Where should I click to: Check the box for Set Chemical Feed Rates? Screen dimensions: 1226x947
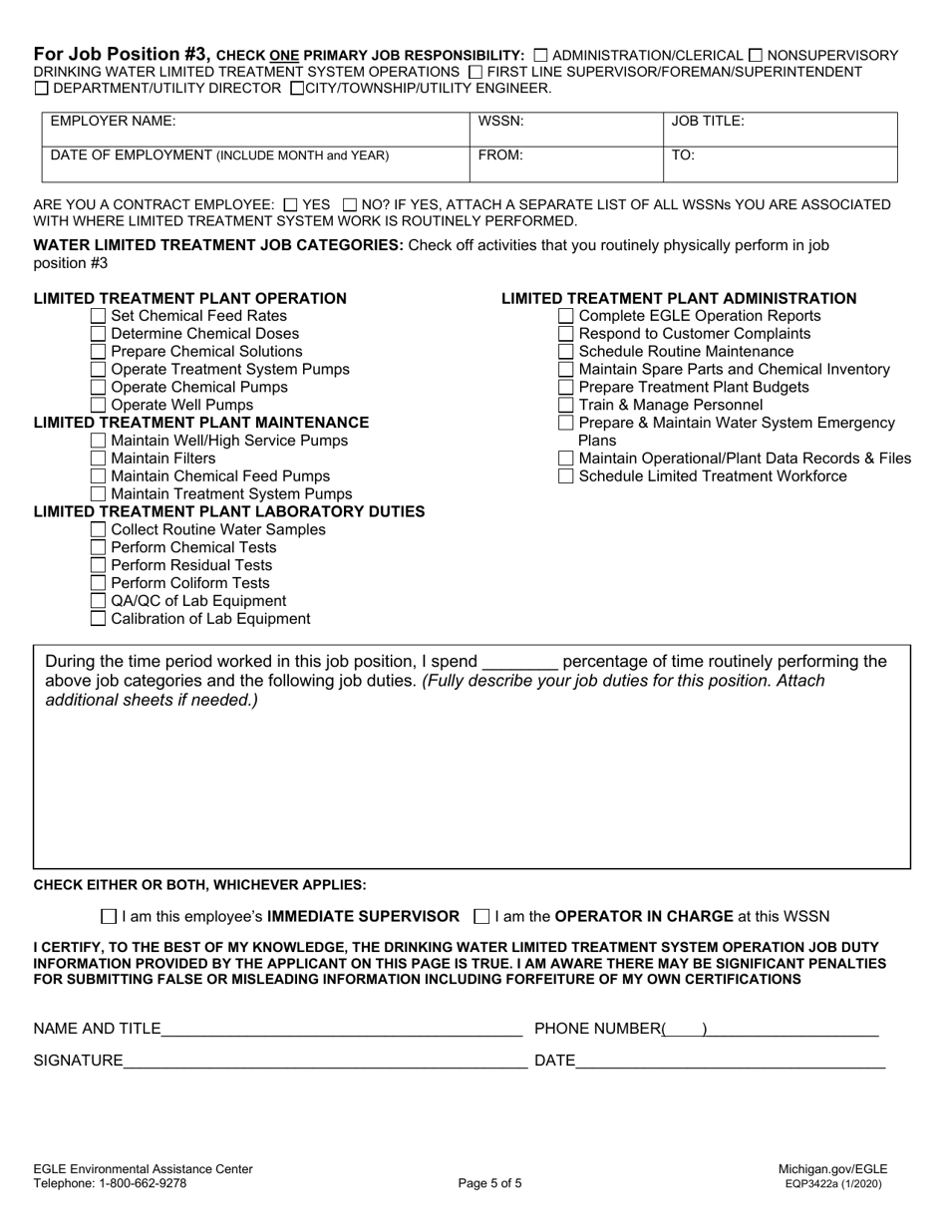(98, 316)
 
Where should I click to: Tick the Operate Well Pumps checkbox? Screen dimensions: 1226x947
(98, 405)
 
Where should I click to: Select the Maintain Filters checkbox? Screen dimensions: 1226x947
(98, 459)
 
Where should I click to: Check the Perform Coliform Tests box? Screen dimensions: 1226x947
(98, 583)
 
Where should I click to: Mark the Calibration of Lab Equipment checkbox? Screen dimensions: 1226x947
(98, 619)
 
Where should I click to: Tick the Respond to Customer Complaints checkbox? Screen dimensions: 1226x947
(566, 334)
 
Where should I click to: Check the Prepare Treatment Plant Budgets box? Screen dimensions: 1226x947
(566, 387)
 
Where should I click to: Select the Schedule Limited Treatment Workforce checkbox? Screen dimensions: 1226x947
(566, 476)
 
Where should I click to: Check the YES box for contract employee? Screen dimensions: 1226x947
(290, 204)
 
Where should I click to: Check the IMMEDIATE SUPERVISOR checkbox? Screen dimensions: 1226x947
(110, 916)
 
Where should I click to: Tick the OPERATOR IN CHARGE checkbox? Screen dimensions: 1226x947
(482, 916)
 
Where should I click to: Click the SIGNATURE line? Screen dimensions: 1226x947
(325, 1061)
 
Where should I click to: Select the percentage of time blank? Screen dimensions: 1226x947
(519, 662)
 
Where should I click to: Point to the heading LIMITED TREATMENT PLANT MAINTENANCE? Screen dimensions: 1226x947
(201, 423)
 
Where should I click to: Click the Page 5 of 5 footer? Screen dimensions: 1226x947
(489, 1184)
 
